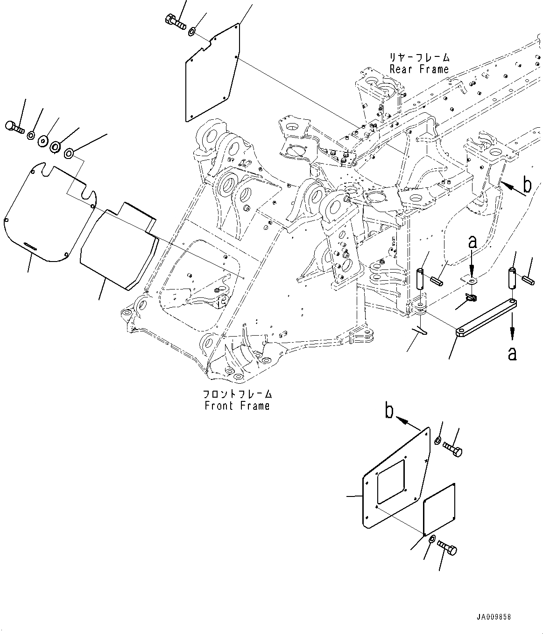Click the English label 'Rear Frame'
point(419,69)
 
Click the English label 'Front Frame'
point(237,406)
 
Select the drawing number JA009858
point(494,617)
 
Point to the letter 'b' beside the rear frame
point(527,186)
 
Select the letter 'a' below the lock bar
point(512,354)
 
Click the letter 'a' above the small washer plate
point(472,242)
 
